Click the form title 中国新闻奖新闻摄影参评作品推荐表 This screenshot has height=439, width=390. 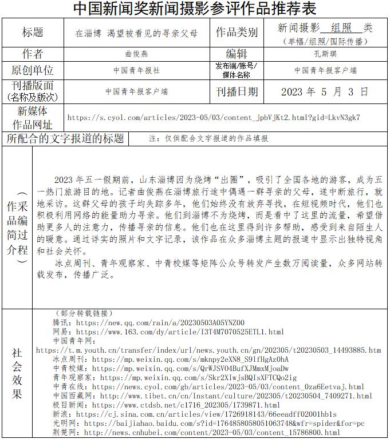click(195, 9)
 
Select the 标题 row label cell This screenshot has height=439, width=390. click(33, 33)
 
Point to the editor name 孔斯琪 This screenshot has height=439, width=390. click(325, 54)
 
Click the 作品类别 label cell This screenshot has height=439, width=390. click(237, 33)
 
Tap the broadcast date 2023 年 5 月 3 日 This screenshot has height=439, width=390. click(325, 91)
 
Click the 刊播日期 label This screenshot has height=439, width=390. click(237, 91)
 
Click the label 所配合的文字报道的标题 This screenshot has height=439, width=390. click(65, 138)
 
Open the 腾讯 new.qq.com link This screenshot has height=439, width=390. click(160, 322)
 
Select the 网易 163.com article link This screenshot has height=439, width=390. click(180, 332)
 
